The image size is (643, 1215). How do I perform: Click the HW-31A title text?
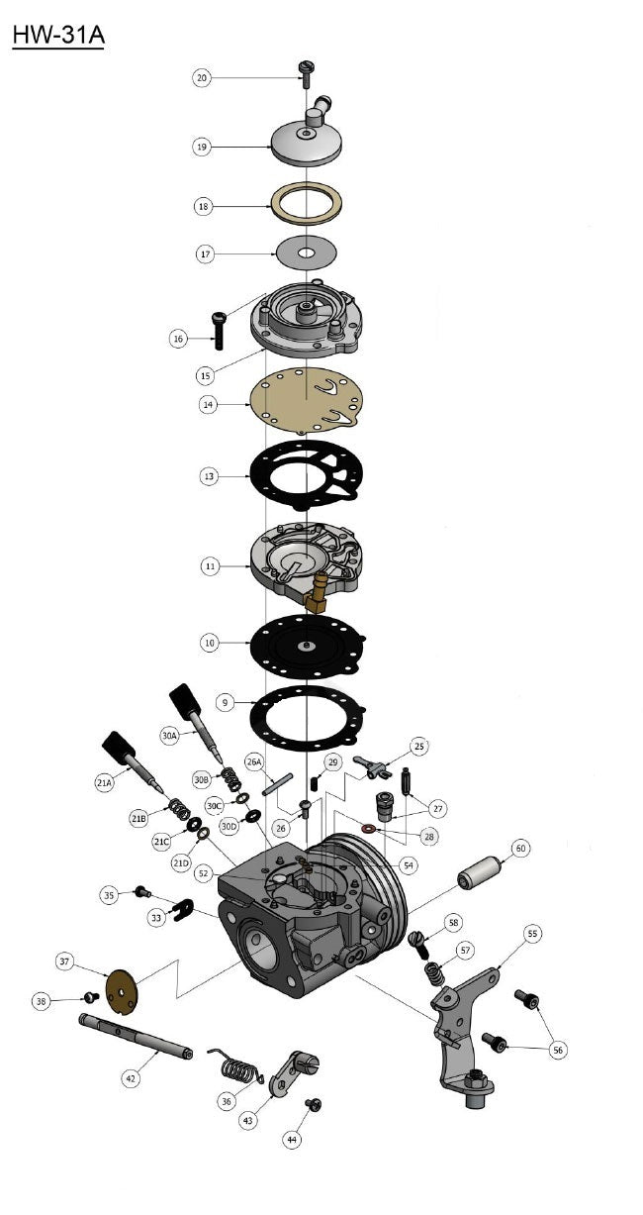[58, 36]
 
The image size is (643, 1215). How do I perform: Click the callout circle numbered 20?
[202, 77]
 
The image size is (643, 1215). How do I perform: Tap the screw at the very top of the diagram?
[305, 73]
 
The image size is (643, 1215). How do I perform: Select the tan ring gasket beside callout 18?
[307, 203]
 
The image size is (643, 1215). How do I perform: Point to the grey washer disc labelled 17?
[307, 253]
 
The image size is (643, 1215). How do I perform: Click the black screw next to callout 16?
[219, 330]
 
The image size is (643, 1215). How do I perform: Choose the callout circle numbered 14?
[208, 404]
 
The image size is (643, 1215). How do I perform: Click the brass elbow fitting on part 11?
[317, 593]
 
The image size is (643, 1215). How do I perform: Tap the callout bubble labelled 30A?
[169, 736]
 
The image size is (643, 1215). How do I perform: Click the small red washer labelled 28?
[371, 828]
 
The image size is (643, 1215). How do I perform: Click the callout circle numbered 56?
[558, 1050]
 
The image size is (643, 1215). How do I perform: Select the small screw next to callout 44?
[314, 1104]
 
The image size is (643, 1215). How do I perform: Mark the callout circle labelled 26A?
[254, 761]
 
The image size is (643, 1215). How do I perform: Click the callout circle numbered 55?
[532, 934]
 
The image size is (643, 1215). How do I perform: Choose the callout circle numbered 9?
[225, 702]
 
